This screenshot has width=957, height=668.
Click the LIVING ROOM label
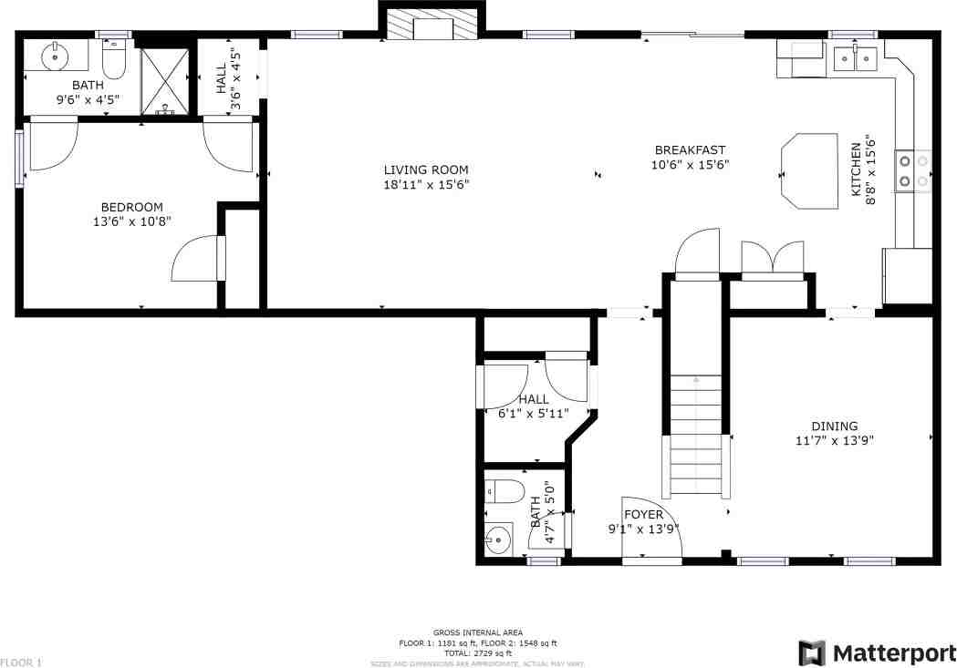click(x=425, y=170)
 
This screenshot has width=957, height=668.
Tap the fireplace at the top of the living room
click(x=431, y=25)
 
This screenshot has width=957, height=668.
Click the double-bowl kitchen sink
click(x=856, y=59)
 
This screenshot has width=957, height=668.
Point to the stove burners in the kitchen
click(x=913, y=171)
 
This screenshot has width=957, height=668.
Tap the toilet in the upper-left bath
click(x=114, y=59)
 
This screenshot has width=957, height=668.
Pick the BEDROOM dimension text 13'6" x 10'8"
click(x=131, y=221)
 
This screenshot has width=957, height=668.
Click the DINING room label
click(x=835, y=426)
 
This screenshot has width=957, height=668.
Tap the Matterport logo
click(x=876, y=653)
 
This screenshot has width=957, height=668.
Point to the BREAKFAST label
click(x=690, y=150)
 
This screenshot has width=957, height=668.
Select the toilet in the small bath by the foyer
click(x=504, y=492)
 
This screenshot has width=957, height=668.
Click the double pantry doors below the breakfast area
click(x=772, y=258)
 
